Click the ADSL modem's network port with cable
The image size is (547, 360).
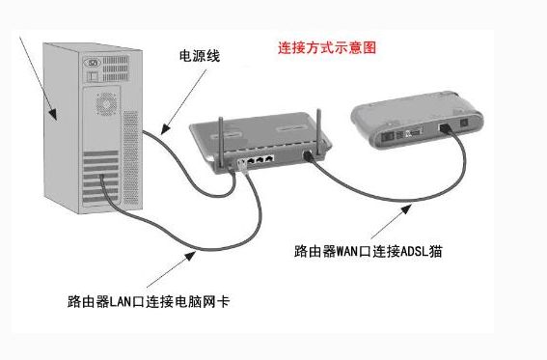tap(446, 128)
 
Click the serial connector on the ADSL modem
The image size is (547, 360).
tap(410, 131)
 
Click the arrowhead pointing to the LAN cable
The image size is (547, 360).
tap(189, 254)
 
